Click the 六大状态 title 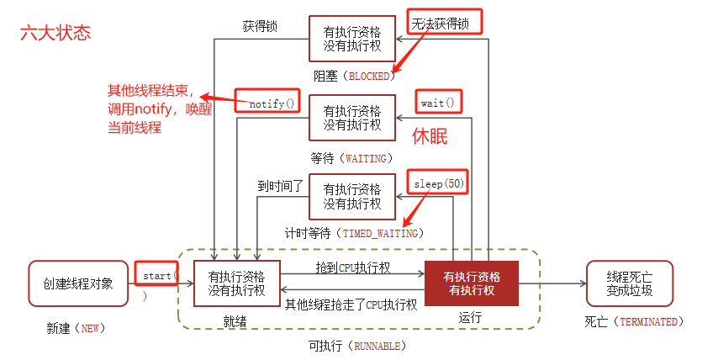[x=55, y=34]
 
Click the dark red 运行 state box [x=471, y=283]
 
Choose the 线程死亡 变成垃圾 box [x=629, y=283]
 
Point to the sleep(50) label [x=437, y=183]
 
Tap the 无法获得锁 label [x=445, y=22]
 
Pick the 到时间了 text [x=280, y=185]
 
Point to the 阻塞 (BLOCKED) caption [x=354, y=76]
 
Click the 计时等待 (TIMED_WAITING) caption [x=354, y=233]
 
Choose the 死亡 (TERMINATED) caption [x=634, y=321]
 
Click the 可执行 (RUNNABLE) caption [x=357, y=345]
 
